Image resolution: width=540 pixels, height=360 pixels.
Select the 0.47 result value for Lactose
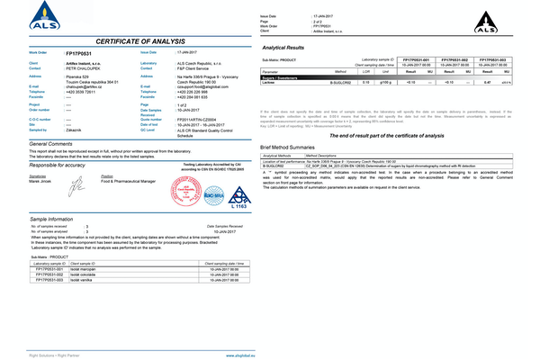[x=488, y=81]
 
